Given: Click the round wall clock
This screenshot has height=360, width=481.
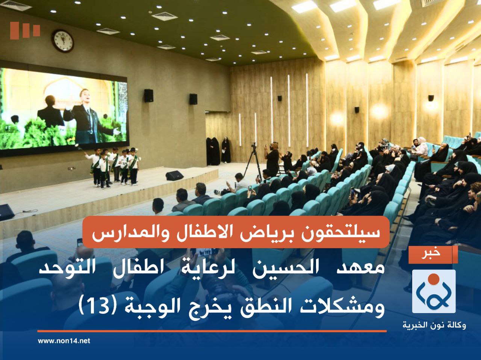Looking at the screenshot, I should (63, 40).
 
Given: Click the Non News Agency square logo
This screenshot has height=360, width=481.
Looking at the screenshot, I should (434, 291).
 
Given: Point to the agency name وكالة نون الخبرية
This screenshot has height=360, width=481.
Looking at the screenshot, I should (434, 325).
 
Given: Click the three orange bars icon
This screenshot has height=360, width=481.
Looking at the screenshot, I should (25, 30).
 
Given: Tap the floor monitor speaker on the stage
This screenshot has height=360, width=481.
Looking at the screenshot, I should (175, 176).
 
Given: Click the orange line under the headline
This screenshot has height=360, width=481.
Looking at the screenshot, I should (212, 331).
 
